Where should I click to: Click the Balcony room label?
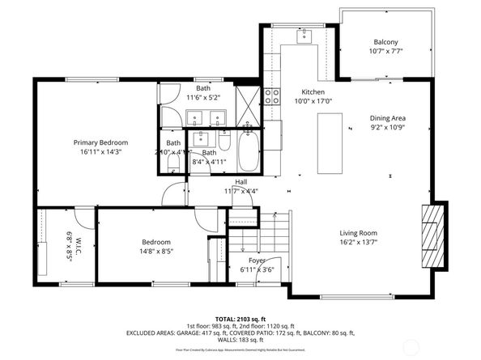pos(385,42)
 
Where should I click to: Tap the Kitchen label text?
pos(313,92)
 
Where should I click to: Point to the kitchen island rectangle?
pos(328,143)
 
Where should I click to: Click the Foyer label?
pos(258,260)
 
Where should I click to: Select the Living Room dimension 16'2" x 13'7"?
pos(359,241)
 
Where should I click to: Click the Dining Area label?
pos(386,118)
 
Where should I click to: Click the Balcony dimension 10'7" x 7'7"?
pos(385,51)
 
